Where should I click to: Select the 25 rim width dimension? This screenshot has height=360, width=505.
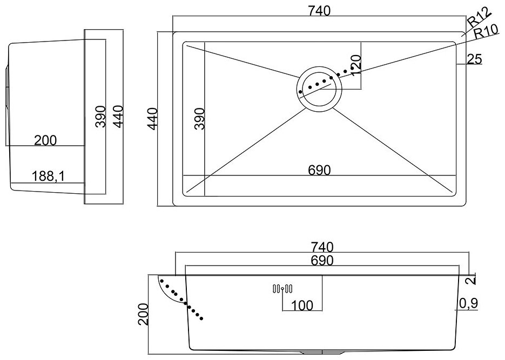(x=474, y=59)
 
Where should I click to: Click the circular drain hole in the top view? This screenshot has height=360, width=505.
(x=319, y=90)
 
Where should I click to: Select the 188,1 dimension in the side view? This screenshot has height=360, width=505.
(x=48, y=176)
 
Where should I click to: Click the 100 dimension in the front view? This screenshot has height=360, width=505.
(x=302, y=305)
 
